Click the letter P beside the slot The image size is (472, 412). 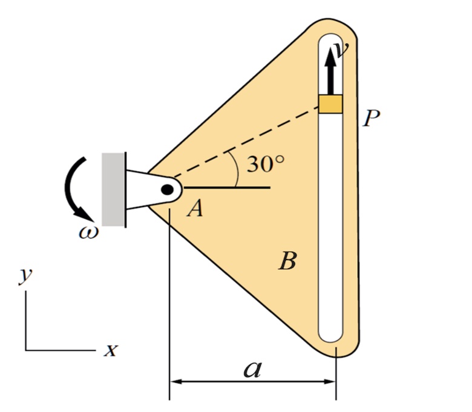[x=371, y=118]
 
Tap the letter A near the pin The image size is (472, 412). [x=195, y=209]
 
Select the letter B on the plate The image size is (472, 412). [x=288, y=261]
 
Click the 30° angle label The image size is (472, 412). [x=266, y=165]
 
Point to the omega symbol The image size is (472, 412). [x=88, y=232]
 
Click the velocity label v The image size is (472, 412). [x=343, y=50]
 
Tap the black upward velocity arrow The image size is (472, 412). [x=330, y=71]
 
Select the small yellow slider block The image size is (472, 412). [x=330, y=104]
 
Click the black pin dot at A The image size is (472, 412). [x=168, y=189]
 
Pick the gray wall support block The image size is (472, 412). [x=113, y=189]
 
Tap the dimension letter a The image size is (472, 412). [x=252, y=369]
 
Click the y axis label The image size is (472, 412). [x=25, y=275]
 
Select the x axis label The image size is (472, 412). [x=111, y=350]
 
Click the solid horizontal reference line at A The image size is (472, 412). [x=227, y=188]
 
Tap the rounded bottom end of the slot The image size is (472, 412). [x=330, y=336]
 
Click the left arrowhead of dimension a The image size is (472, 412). [x=176, y=382]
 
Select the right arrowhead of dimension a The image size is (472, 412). [x=329, y=382]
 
